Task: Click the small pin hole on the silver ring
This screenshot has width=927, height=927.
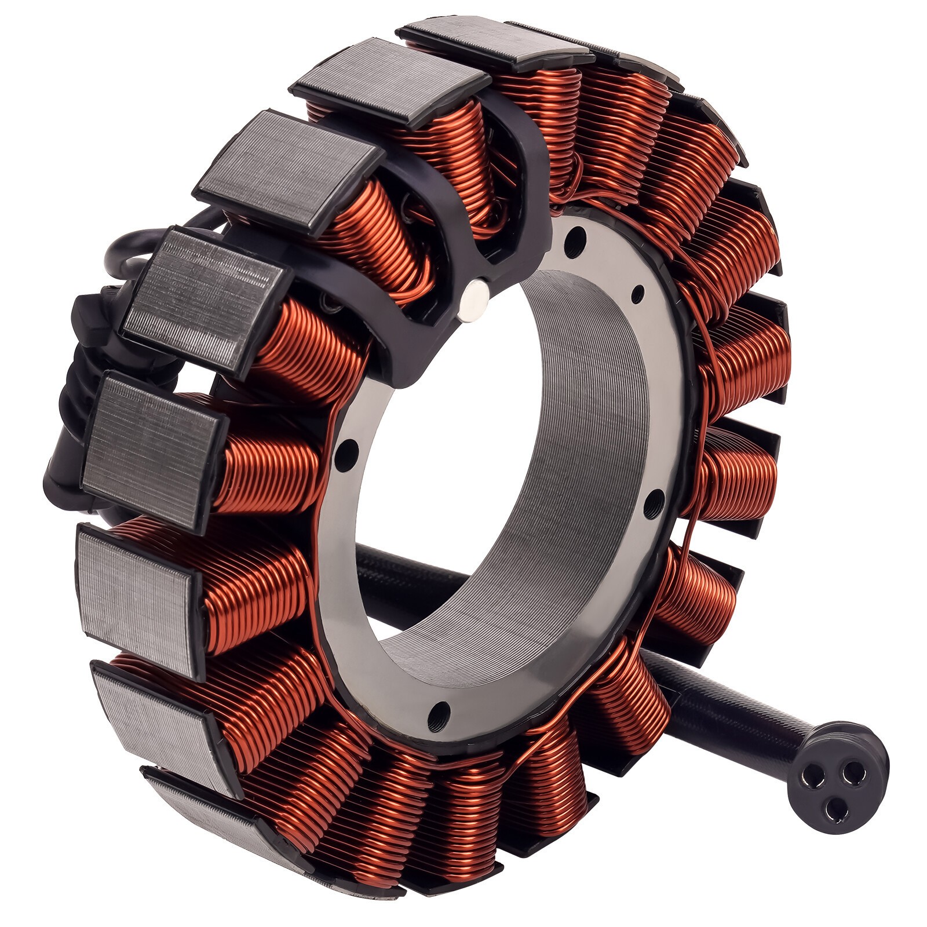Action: point(637,294)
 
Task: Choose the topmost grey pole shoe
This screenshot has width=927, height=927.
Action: point(498,43)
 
